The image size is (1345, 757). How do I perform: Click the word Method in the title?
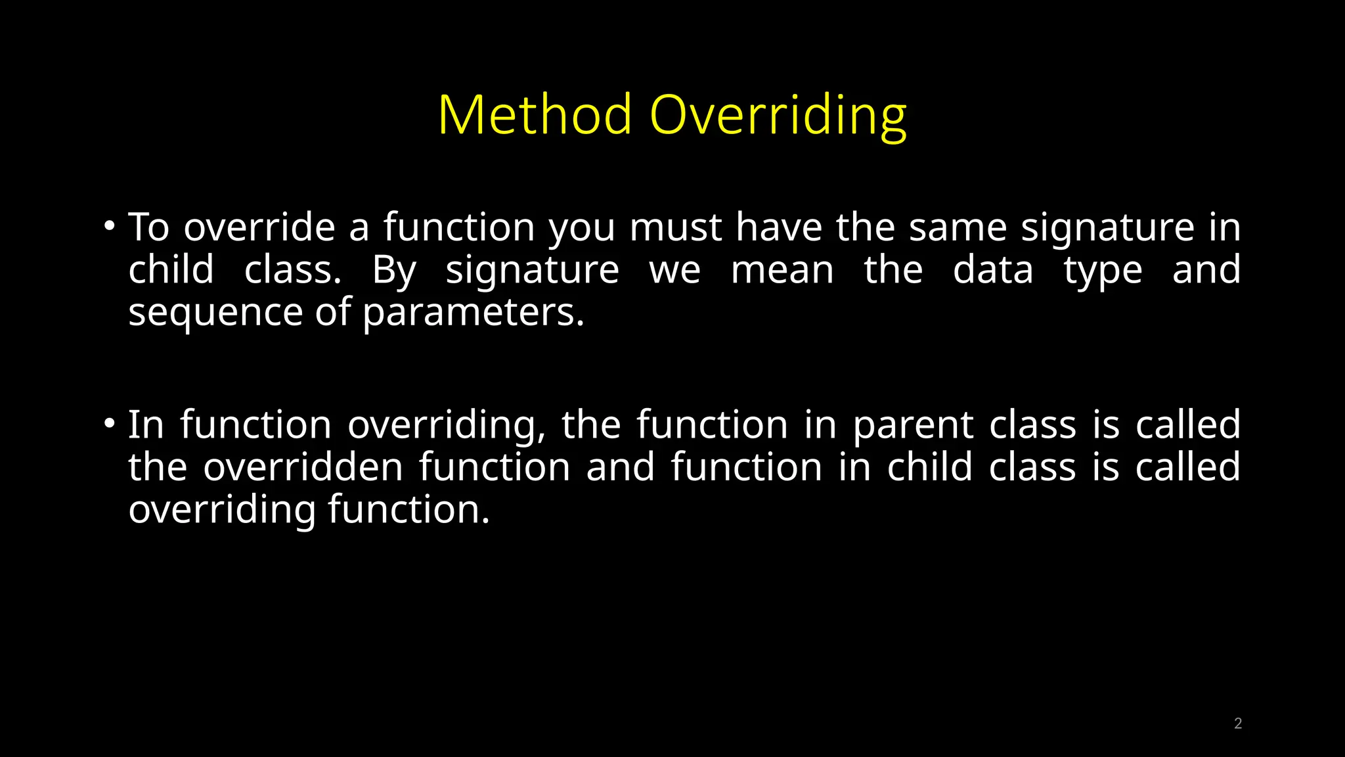coord(535,115)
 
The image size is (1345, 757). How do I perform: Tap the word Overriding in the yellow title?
coord(778,116)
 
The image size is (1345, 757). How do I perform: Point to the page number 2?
coord(1237,723)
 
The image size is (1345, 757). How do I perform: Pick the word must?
coord(676,227)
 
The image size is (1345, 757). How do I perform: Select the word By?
coord(393,271)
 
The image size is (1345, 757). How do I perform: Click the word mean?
coord(782,270)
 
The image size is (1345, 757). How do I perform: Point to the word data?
coord(993,270)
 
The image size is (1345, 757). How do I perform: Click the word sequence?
coord(215,313)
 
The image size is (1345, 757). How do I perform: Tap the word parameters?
coord(472,313)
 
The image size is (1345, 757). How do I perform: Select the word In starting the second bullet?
coord(145,424)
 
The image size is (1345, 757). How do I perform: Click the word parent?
coord(913,426)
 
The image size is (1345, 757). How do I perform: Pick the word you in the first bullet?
coord(582,229)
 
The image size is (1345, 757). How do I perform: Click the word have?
coord(778,227)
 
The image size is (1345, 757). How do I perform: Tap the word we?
coord(674,270)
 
